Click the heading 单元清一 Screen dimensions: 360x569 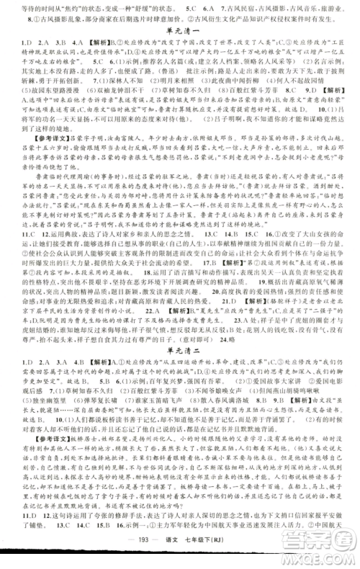click(x=180, y=35)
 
